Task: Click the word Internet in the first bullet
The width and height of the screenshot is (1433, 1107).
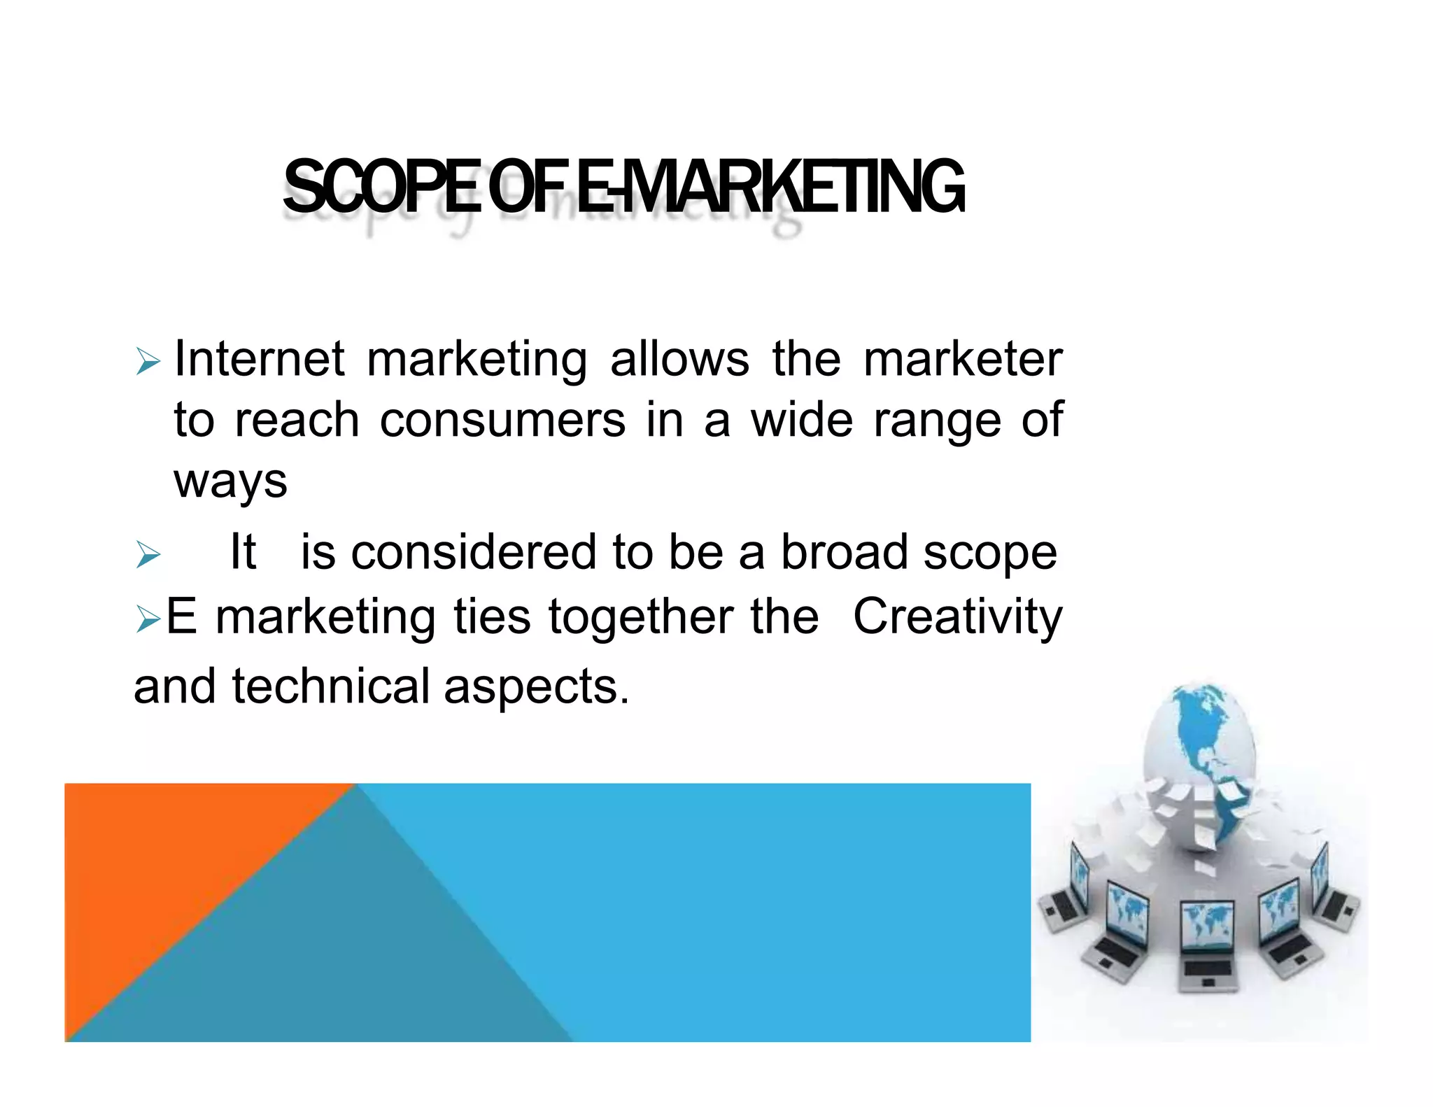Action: coord(259,359)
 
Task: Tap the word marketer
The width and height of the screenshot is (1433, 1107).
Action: coord(963,359)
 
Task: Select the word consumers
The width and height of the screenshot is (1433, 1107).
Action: coord(502,421)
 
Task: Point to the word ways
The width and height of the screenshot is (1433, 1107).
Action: coord(230,482)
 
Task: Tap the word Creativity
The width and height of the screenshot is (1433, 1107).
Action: coord(957,617)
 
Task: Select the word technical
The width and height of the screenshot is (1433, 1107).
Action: coord(330,686)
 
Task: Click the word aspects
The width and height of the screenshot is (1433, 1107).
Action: coord(537,687)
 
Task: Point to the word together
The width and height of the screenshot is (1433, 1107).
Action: coord(640,617)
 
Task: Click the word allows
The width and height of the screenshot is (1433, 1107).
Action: coord(679,359)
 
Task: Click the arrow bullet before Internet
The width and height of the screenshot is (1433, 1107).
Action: coord(148,362)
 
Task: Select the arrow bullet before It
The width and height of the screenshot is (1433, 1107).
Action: coord(148,555)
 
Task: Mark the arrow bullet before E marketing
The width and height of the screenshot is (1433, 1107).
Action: coord(148,619)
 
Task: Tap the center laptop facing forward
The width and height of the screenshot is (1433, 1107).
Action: coord(1207,945)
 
